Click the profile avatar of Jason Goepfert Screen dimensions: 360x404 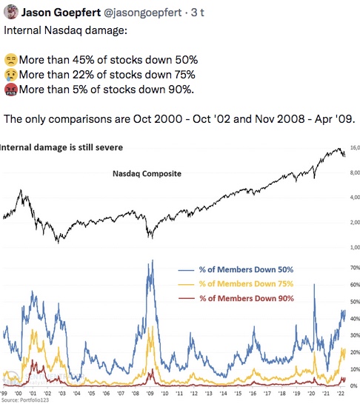tap(11, 12)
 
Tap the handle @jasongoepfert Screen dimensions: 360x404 tap(143, 13)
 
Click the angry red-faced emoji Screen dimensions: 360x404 tap(11, 90)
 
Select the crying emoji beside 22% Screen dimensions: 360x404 tap(11, 75)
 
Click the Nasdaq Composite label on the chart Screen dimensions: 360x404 tap(147, 174)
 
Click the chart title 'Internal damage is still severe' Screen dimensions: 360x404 tap(61, 147)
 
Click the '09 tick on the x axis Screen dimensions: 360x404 tap(150, 394)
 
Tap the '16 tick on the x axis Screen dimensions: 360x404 tap(253, 394)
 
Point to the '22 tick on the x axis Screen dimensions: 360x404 tap(341, 394)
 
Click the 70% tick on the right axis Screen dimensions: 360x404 tap(355, 268)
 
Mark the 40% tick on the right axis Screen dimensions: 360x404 tap(355, 319)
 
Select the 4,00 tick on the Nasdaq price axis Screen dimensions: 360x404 tap(355, 198)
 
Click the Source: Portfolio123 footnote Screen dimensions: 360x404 tap(25, 400)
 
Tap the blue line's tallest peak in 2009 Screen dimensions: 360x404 tap(153, 260)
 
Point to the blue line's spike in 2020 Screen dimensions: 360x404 tap(314, 284)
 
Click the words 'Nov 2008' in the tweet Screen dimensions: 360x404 tap(280, 119)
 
